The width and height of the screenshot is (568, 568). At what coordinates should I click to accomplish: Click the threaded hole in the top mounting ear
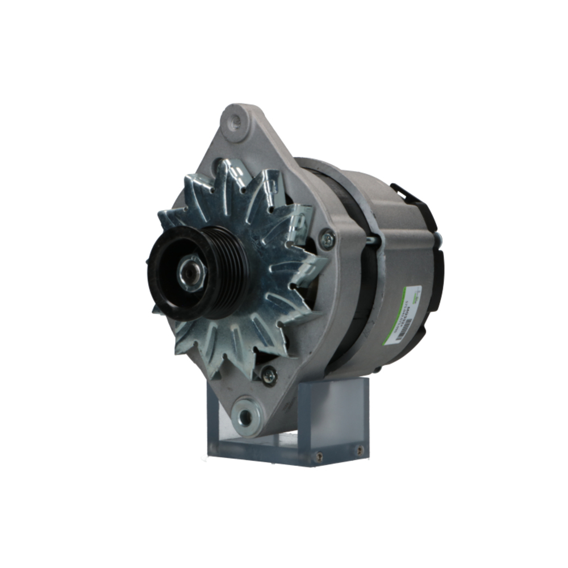pos(235,121)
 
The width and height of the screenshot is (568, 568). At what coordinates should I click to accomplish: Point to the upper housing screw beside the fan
pos(327,239)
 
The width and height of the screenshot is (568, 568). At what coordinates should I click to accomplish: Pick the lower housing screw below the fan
pos(268,374)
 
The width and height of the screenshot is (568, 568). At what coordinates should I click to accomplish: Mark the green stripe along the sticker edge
pos(405,295)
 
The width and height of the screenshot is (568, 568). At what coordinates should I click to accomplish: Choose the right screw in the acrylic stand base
pos(359,450)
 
